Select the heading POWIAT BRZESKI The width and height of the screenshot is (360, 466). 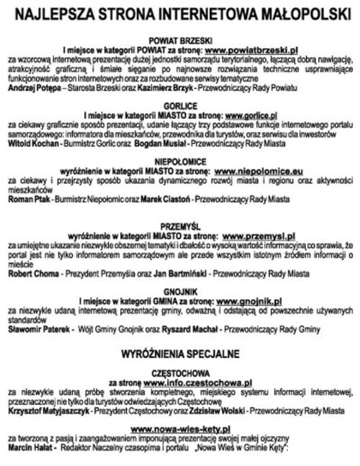pos(181,38)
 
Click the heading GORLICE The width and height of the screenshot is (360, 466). pos(181,105)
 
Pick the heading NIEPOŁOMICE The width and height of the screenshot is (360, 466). pos(181,163)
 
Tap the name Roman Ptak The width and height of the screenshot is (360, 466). pos(28,199)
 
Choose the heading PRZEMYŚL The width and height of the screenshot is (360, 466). pos(181,228)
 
